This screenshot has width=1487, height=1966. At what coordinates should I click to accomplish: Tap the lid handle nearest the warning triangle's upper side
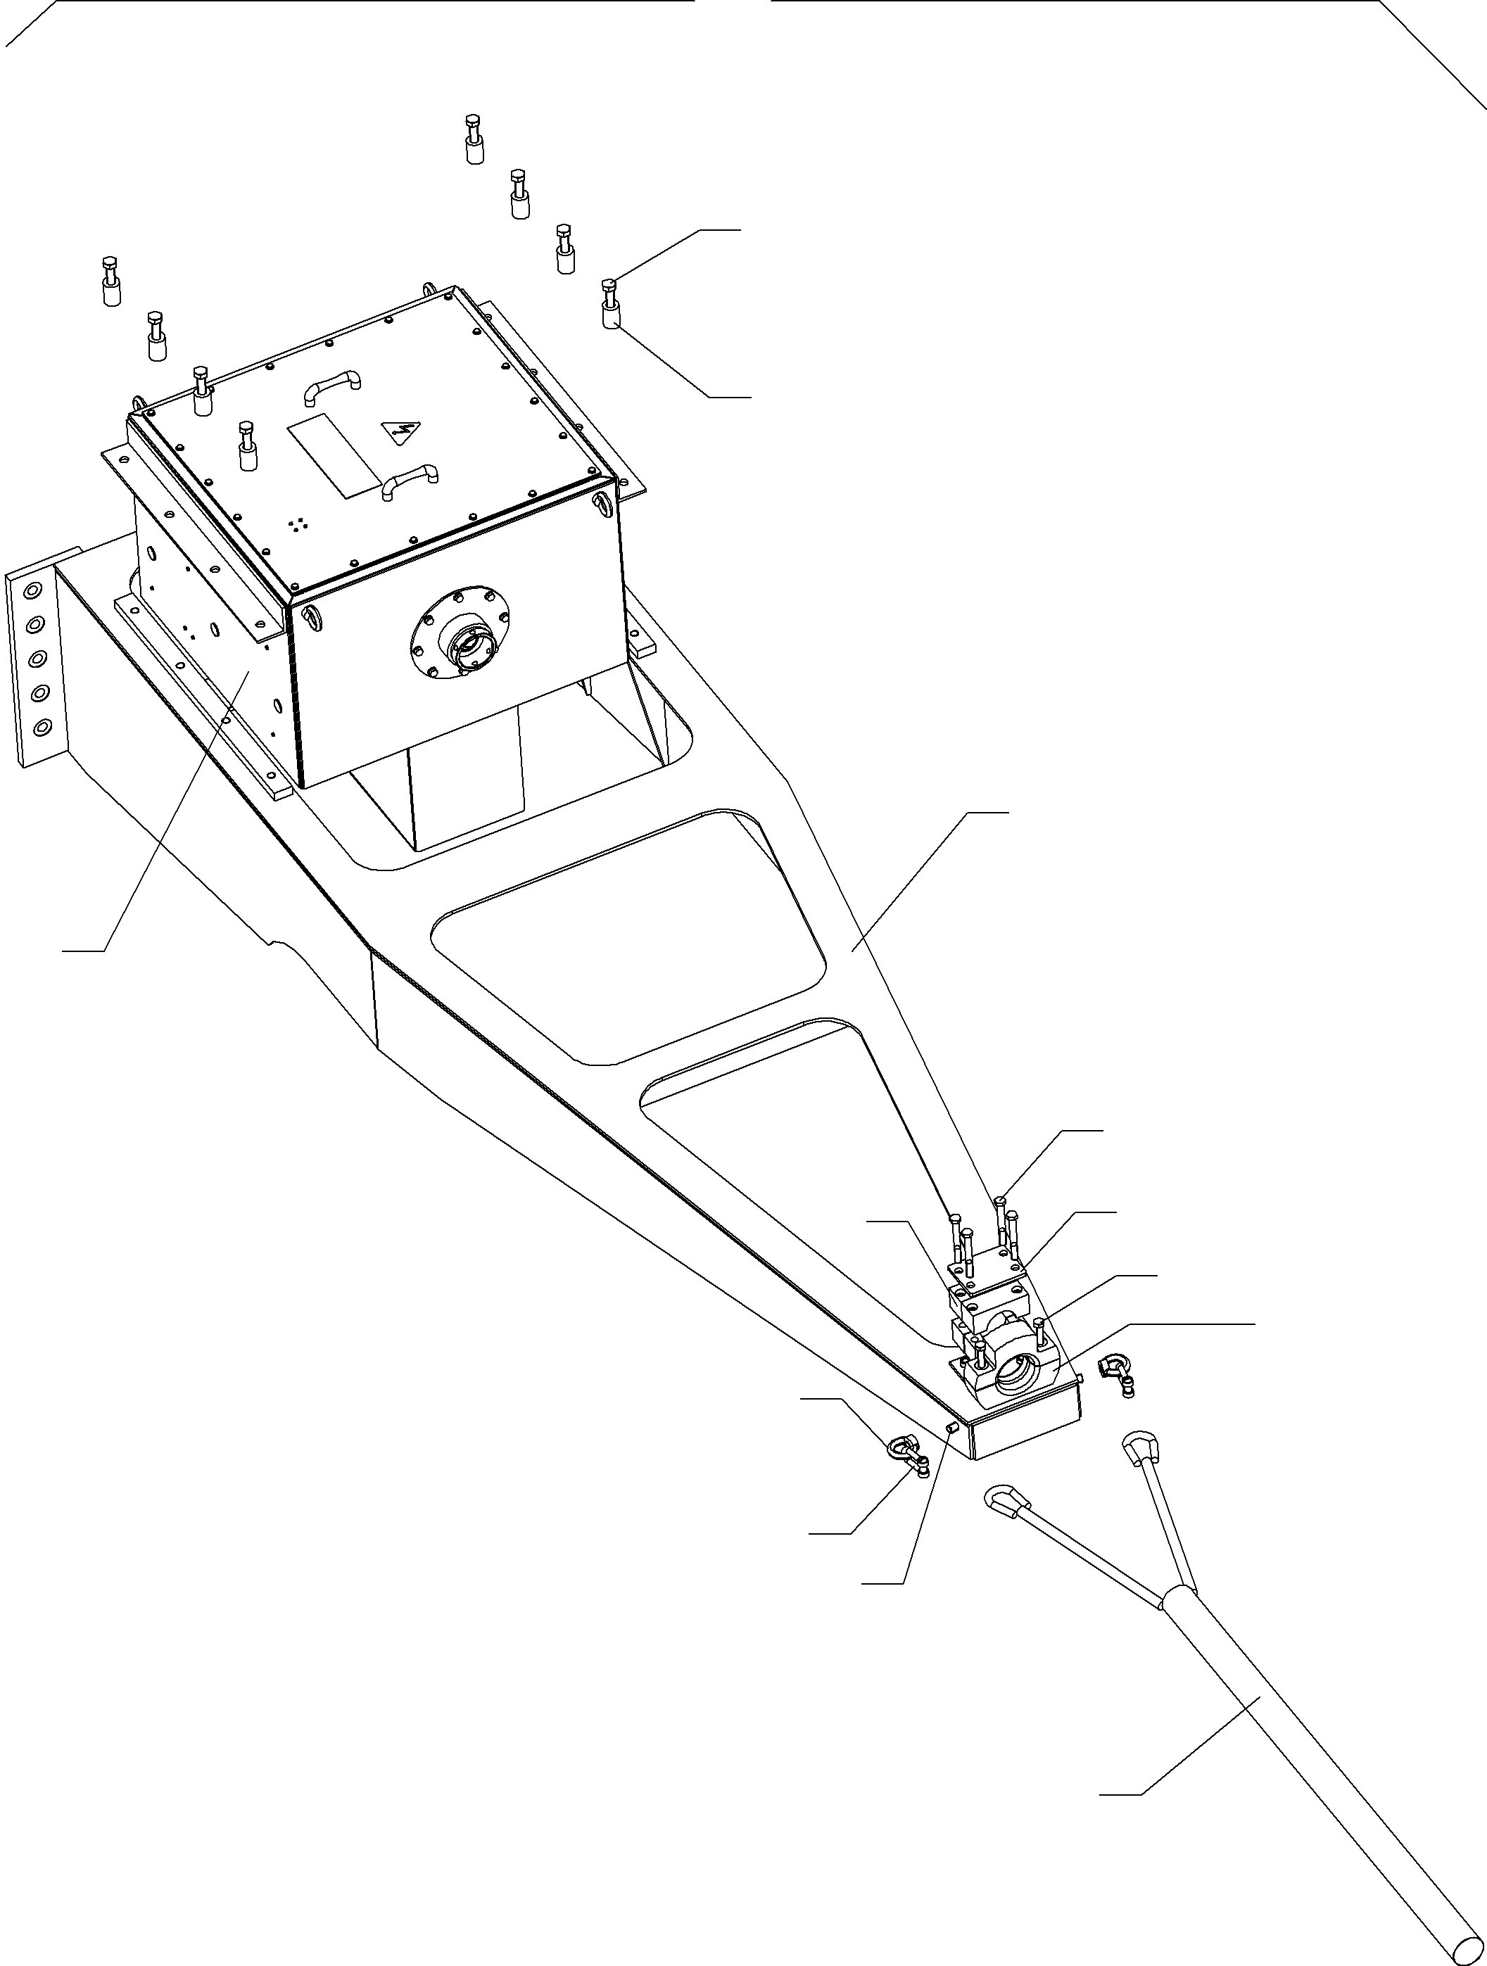tap(331, 385)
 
